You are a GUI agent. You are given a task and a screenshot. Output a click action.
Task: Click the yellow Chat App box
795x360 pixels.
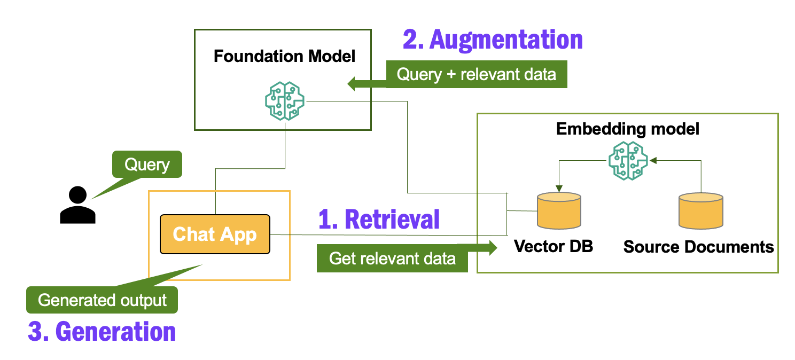[x=215, y=234]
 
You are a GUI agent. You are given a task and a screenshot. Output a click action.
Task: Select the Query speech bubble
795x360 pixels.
[x=146, y=165]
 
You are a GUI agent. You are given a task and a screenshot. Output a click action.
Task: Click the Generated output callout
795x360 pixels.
[x=102, y=300]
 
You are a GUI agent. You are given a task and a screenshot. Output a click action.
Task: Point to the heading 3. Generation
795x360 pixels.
[x=102, y=331]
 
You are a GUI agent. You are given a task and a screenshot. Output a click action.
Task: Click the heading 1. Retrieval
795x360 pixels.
[x=379, y=219]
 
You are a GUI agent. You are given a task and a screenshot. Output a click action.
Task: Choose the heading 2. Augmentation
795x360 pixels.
[x=492, y=40]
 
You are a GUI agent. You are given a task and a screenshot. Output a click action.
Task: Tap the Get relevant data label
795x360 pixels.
[x=392, y=259]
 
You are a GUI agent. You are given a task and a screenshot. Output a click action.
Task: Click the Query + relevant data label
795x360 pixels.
[x=476, y=74]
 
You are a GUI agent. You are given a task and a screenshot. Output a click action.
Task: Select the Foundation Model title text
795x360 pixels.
[x=284, y=56]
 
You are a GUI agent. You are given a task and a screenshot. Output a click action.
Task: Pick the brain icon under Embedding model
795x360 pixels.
[x=628, y=160]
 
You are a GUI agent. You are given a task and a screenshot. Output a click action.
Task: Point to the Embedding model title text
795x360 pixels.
[x=628, y=129]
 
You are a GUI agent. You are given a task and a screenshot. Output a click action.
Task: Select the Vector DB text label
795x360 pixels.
[x=554, y=246]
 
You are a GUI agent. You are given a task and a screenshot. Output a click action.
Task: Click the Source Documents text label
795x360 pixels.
[x=699, y=247]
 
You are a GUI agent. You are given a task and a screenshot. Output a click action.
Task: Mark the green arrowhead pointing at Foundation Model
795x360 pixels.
[x=354, y=84]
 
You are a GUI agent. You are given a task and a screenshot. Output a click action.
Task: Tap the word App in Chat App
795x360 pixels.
[x=238, y=234]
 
